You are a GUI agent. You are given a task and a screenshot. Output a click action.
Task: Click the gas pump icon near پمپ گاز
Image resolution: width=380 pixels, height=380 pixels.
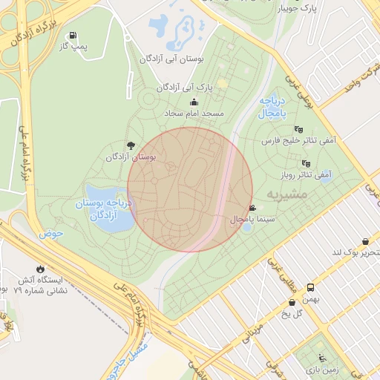pos(73,36)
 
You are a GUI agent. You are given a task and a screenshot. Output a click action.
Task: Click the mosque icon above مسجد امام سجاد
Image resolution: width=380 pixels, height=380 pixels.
pos(194,102)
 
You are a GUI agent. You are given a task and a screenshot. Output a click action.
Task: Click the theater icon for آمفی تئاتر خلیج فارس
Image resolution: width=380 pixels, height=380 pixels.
pos(299,128)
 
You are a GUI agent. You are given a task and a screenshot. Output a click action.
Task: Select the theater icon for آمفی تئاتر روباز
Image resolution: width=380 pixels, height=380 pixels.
pos(305,163)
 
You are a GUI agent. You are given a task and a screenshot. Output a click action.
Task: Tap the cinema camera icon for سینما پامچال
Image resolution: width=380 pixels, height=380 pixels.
pos(253,209)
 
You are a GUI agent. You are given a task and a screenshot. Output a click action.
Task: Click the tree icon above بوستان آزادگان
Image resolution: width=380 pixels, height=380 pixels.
pos(131,145)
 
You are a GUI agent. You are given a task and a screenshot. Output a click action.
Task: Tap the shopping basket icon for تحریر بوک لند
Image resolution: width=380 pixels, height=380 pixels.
pos(366,241)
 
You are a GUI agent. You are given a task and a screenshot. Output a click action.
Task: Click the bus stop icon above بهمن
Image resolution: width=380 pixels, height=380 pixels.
pos(310,288)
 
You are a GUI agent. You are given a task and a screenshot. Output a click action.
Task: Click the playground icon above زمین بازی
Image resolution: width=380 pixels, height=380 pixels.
pos(321,357)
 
